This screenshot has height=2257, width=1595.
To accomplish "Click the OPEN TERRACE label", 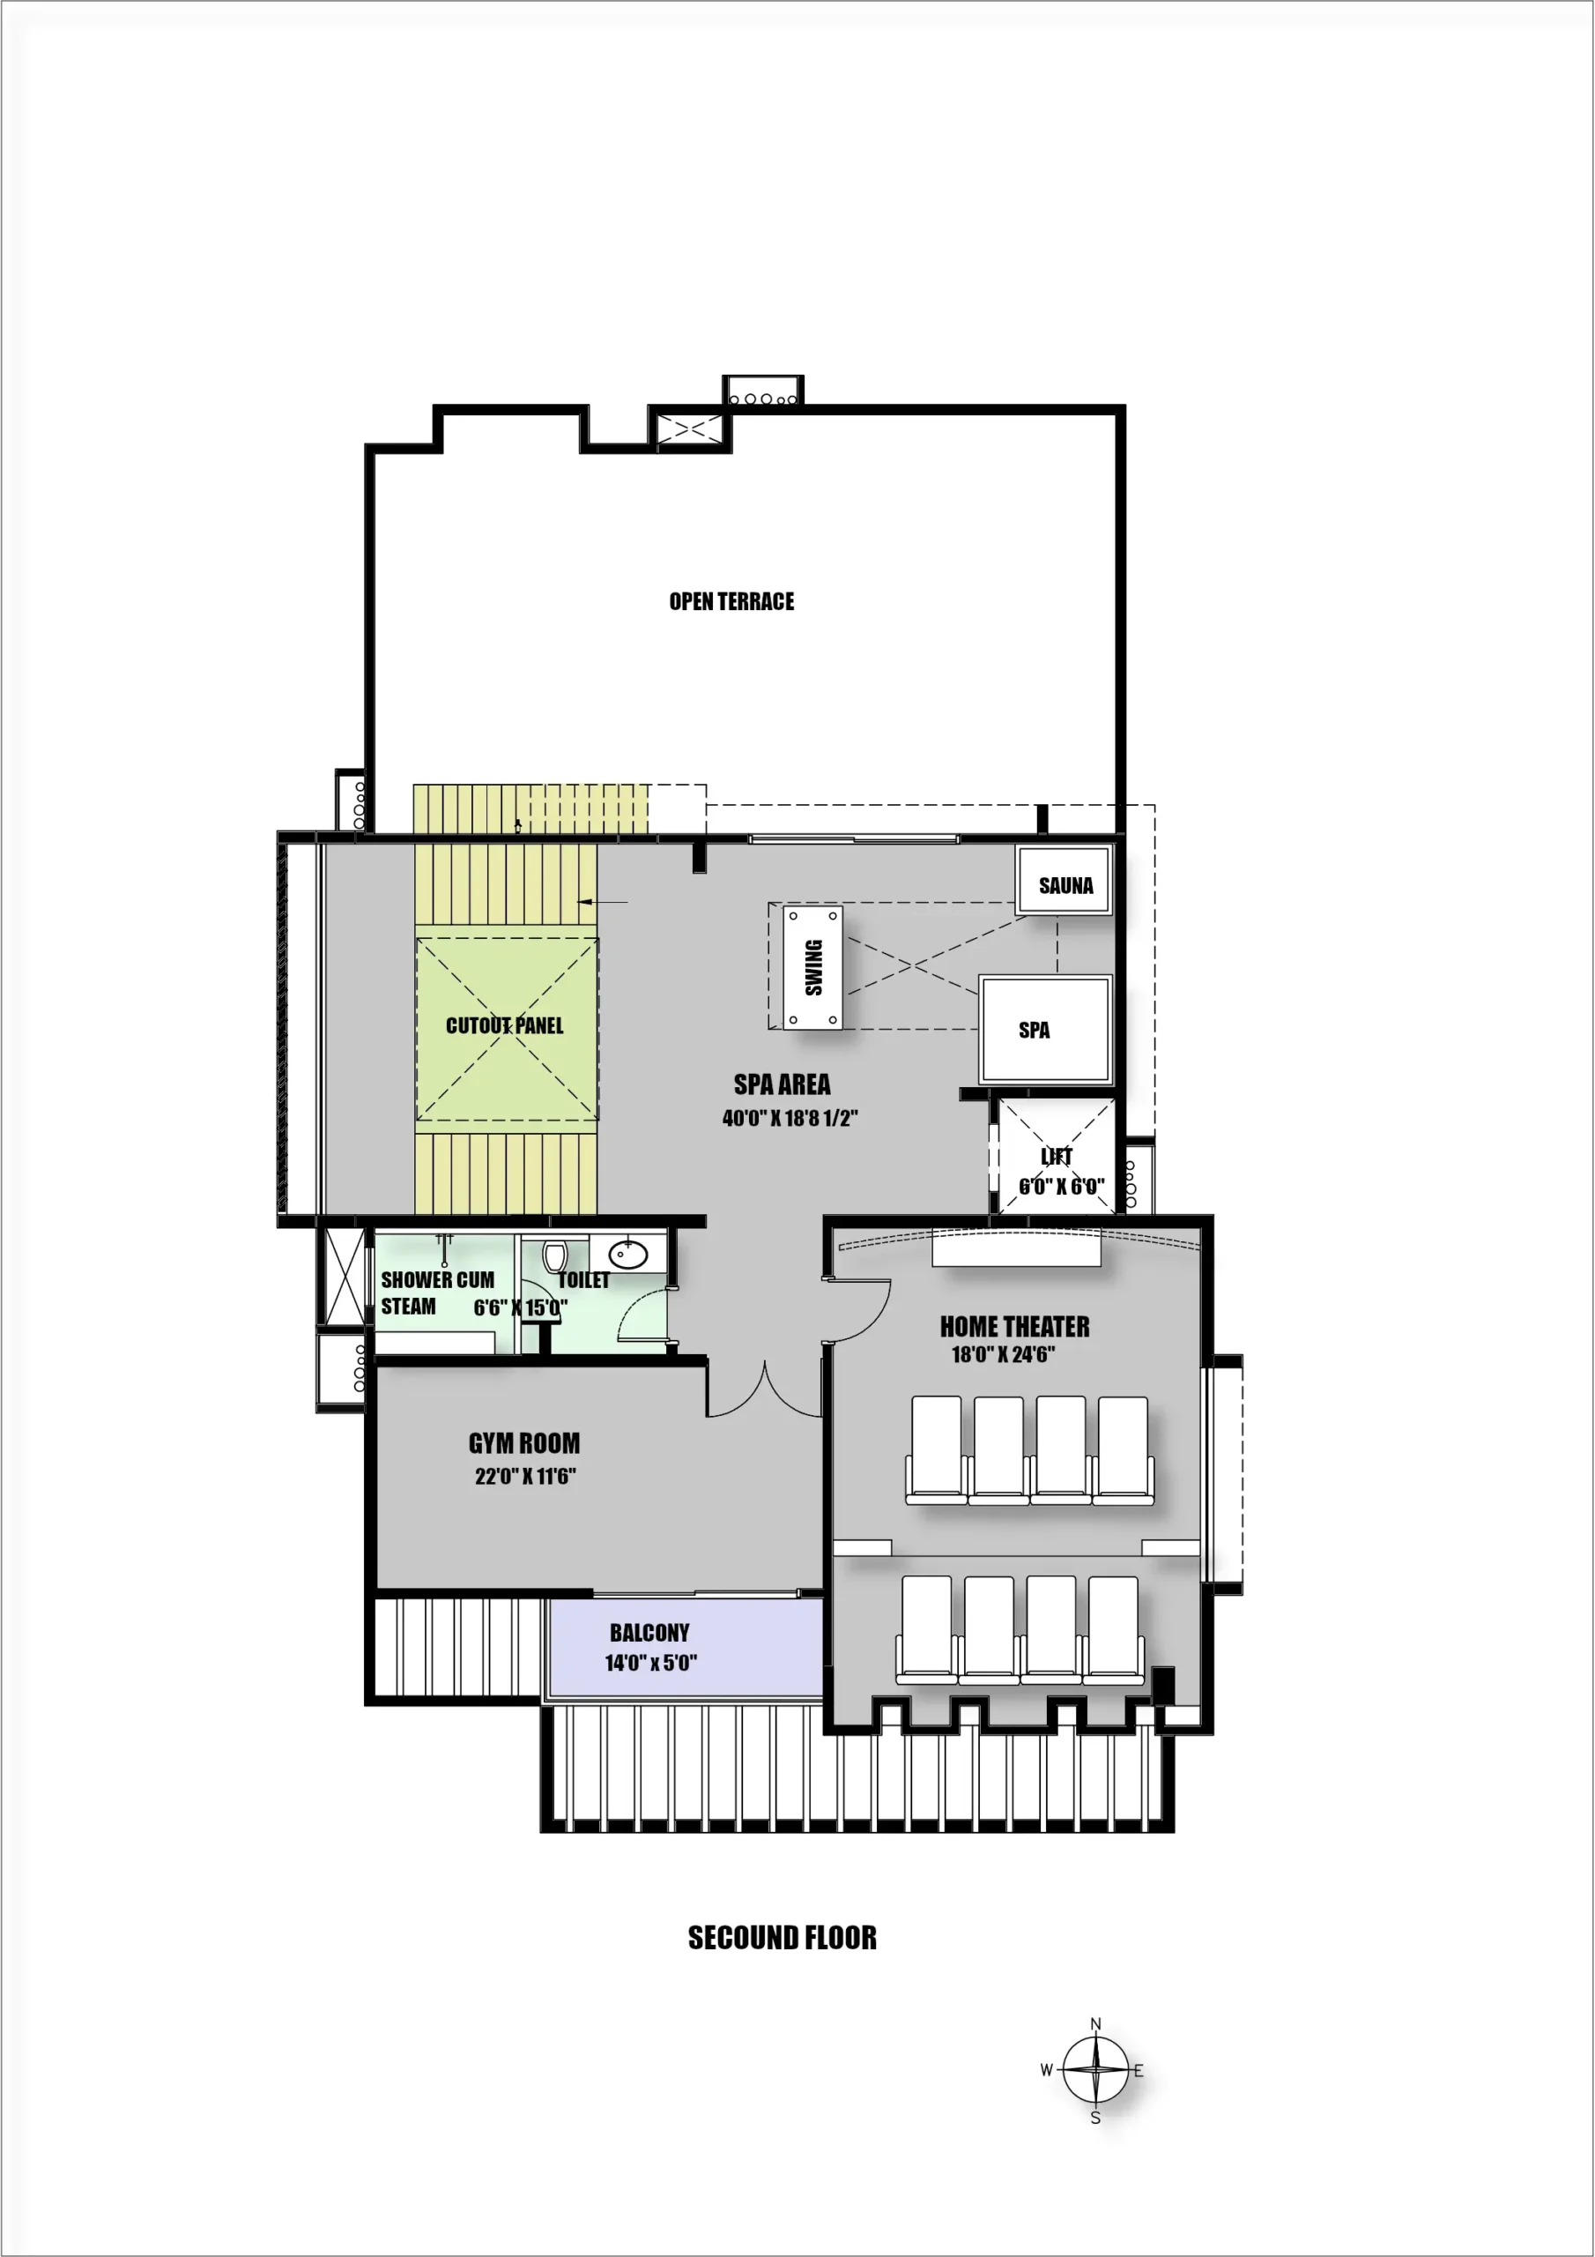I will tap(731, 601).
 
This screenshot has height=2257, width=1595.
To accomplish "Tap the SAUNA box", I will tap(1065, 882).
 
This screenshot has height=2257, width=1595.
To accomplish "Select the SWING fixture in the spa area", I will tap(812, 967).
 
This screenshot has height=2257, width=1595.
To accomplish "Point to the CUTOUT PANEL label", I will tap(505, 1026).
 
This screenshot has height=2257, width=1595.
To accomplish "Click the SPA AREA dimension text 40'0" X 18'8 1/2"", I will tap(790, 1119).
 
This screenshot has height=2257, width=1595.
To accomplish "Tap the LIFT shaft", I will tap(1057, 1158).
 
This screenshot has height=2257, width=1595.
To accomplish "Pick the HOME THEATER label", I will tap(1014, 1327).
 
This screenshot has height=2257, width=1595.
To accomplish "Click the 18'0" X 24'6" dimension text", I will tap(1003, 1354).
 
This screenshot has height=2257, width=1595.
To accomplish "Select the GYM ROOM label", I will tap(523, 1443).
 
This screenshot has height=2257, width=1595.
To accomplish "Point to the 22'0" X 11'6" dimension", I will tap(525, 1476).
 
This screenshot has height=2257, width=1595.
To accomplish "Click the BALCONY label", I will tap(649, 1633).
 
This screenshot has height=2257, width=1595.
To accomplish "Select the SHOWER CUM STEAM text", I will tap(437, 1292).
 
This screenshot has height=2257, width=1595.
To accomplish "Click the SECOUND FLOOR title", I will tap(783, 1938).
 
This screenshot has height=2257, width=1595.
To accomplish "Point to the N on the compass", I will tap(1095, 2024).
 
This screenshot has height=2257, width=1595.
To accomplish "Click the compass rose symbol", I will tap(1095, 2070).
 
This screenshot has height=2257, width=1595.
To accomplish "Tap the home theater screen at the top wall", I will tap(1016, 1249).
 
